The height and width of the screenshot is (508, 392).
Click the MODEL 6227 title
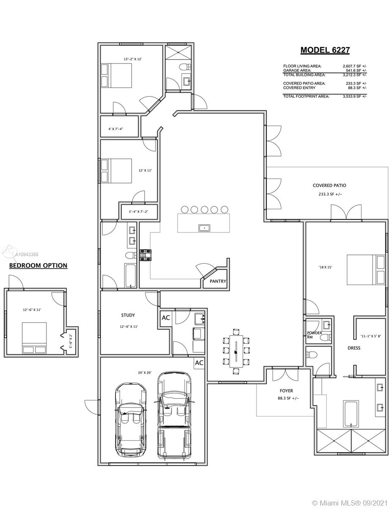click(x=325, y=50)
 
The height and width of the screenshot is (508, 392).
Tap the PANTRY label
click(x=218, y=281)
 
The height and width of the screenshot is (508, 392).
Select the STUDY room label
click(x=128, y=315)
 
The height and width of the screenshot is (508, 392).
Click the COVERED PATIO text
click(x=329, y=185)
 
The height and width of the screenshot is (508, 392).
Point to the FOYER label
click(x=286, y=391)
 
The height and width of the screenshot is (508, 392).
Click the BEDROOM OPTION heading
click(x=38, y=265)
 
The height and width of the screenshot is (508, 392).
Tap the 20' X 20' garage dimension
click(x=145, y=373)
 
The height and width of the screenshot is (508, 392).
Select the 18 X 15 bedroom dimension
click(x=325, y=267)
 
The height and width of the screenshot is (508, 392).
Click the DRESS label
click(x=354, y=348)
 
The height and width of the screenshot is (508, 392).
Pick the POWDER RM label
click(x=314, y=334)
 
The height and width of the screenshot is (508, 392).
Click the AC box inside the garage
click(x=199, y=363)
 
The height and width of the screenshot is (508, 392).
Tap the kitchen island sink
click(x=204, y=228)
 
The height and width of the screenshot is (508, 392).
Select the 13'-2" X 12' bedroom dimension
click(x=133, y=59)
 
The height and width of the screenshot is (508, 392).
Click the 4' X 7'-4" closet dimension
click(x=115, y=129)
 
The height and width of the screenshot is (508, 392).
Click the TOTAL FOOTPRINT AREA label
click(x=306, y=97)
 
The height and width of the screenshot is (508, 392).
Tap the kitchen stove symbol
click(x=146, y=255)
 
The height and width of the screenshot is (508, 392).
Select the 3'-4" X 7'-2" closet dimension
click(x=139, y=212)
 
